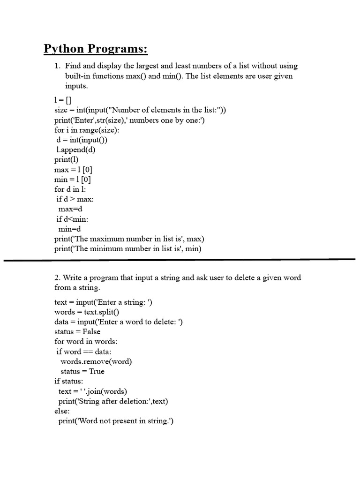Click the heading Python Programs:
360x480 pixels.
(96, 49)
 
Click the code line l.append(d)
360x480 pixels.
(76, 150)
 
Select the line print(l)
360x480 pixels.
(66, 159)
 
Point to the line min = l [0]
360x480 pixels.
(73, 179)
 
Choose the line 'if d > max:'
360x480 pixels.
(75, 199)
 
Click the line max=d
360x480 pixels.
(70, 209)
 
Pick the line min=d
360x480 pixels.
(70, 229)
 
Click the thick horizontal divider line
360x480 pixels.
(180, 259)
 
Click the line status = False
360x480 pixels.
(77, 331)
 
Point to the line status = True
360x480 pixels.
(82, 371)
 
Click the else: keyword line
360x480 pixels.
(62, 411)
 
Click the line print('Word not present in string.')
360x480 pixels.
(116, 421)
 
